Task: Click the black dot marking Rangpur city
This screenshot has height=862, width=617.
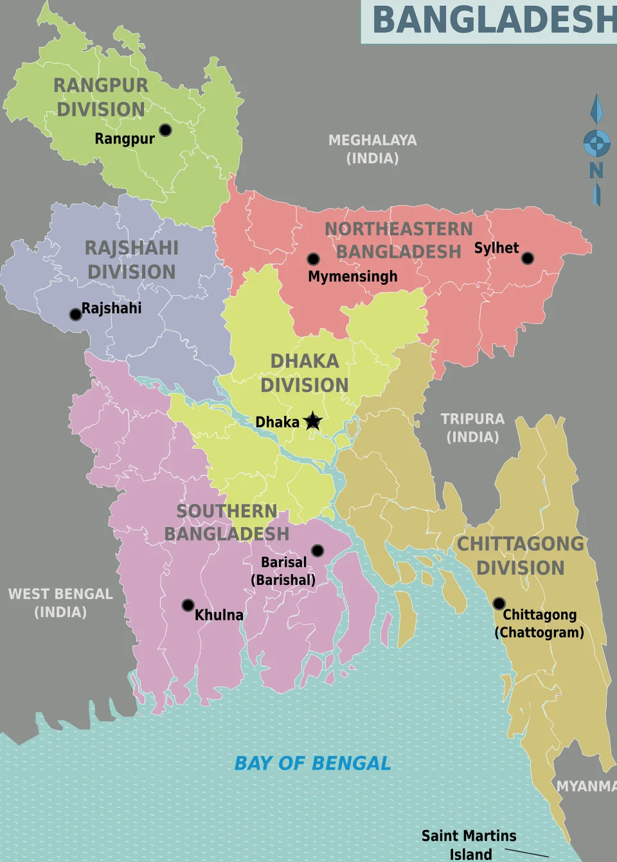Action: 165,130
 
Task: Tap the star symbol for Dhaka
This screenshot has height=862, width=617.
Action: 313,421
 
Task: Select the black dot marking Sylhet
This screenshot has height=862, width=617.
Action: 528,258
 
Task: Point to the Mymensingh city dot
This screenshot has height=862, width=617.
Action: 313,259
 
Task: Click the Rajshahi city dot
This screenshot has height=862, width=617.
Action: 75,314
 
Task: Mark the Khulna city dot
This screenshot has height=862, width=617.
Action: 188,605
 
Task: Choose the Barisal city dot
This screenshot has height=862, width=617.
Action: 317,551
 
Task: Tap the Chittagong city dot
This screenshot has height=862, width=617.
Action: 499,604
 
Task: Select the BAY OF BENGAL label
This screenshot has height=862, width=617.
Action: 312,763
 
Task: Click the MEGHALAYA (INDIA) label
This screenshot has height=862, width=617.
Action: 373,149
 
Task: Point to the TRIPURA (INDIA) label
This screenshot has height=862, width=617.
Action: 472,428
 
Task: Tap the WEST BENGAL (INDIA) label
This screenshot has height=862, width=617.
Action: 60,603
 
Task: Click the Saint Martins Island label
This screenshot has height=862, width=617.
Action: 469,845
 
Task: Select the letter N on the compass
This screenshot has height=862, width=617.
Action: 596,170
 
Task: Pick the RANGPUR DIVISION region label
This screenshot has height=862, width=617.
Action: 101,97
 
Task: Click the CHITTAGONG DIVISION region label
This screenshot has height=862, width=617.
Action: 521,556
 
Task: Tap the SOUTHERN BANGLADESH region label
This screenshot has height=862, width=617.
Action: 227,522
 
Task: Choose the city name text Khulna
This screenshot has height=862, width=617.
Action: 219,615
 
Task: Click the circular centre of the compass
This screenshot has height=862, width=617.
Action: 596,143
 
